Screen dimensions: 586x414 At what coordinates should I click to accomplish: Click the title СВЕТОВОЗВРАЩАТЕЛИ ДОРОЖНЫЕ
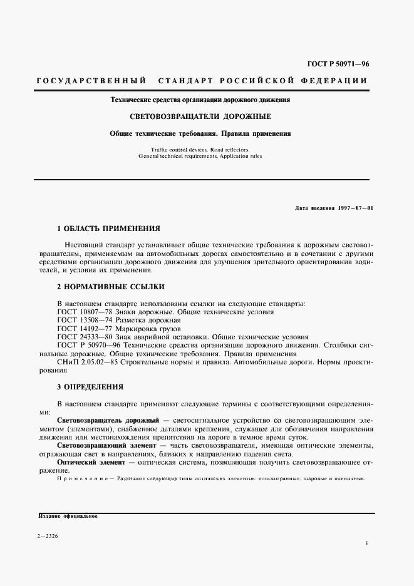200,116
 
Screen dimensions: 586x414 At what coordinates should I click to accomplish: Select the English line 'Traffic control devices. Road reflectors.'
200,150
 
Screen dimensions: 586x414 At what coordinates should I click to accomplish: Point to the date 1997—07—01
354,208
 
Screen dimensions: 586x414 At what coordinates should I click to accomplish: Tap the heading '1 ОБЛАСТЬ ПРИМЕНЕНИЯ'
108,229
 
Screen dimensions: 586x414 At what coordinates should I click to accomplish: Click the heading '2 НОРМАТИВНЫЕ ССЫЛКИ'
111,287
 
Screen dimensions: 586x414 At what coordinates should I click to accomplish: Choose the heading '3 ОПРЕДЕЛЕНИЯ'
90,386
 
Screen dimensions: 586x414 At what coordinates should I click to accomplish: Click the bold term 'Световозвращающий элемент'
106,445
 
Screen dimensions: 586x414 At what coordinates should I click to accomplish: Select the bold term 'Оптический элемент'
91,461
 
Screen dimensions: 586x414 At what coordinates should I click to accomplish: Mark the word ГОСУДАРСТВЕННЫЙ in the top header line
92,81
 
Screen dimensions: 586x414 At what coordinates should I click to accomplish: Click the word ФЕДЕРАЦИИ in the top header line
337,81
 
